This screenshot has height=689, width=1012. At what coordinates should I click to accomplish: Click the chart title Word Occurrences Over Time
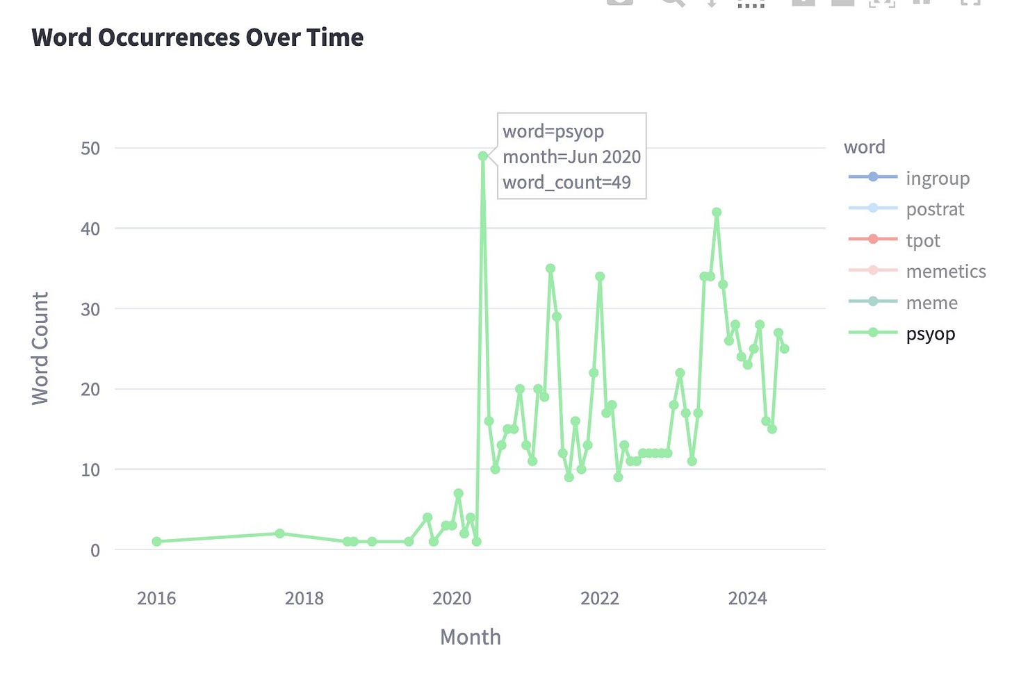click(197, 37)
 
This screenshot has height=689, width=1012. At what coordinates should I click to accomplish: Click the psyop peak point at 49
click(482, 156)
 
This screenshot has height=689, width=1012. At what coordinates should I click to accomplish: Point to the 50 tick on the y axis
click(90, 149)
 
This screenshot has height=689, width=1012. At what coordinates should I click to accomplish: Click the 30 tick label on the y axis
click(90, 309)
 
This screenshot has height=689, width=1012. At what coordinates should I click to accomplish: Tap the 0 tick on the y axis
click(95, 550)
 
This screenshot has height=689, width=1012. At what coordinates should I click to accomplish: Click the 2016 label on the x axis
click(156, 598)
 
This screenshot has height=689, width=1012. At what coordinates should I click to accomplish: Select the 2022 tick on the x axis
click(600, 598)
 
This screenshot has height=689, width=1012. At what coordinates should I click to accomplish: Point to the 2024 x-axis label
click(747, 598)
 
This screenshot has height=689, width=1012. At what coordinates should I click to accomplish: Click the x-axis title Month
click(471, 637)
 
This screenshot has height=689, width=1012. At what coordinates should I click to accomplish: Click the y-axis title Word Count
click(40, 349)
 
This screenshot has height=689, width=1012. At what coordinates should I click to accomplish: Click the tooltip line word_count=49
click(566, 183)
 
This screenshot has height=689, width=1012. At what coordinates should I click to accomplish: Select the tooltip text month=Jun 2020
click(571, 157)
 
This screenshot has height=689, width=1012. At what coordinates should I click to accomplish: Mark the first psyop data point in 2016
click(156, 541)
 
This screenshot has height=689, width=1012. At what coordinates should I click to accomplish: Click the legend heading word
click(864, 147)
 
